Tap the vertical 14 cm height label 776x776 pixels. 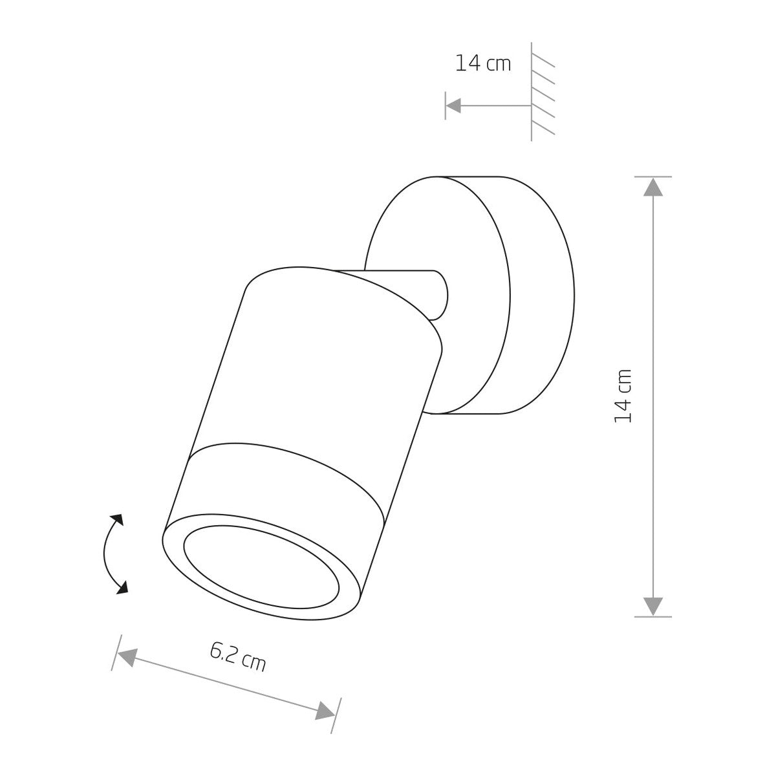pyautogui.click(x=622, y=396)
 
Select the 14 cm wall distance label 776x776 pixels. pyautogui.click(x=483, y=63)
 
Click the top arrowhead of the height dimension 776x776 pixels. pyautogui.click(x=652, y=188)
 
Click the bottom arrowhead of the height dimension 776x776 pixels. pyautogui.click(x=652, y=606)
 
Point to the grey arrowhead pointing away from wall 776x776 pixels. pyautogui.click(x=453, y=105)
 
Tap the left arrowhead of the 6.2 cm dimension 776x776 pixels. pyautogui.click(x=128, y=657)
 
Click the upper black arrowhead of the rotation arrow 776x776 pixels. pyautogui.click(x=117, y=521)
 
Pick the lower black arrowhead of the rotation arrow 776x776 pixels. pyautogui.click(x=122, y=588)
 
